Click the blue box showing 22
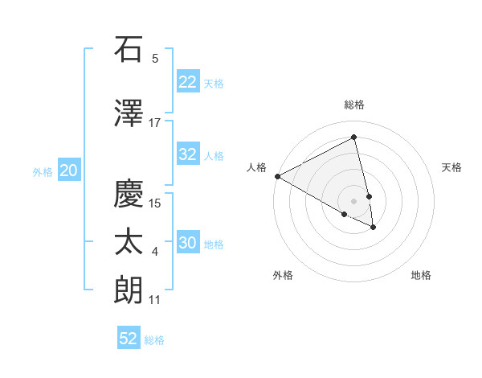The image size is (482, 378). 188,82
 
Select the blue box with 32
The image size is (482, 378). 188,154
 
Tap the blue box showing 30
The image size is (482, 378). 188,244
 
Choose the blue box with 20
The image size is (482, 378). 69,170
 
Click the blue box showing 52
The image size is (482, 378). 129,339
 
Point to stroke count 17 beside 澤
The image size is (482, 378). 155,122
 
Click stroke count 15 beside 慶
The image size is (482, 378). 156,203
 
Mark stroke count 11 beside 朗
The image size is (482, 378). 155,301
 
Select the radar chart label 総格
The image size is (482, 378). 353,105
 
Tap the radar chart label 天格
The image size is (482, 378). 452,167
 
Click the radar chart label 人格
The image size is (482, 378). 257,167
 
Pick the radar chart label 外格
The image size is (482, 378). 283,275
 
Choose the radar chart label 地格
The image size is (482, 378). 421,275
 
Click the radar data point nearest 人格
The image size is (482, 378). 277,176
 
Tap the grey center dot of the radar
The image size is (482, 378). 353,201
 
